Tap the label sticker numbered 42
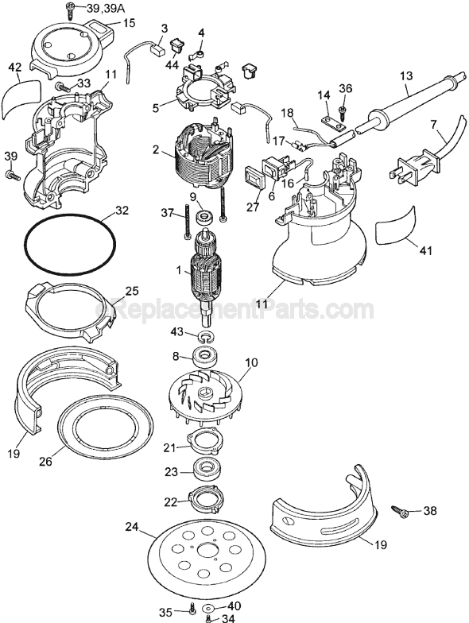point(21,98)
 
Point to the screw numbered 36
point(343,103)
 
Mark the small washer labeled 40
point(208,608)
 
